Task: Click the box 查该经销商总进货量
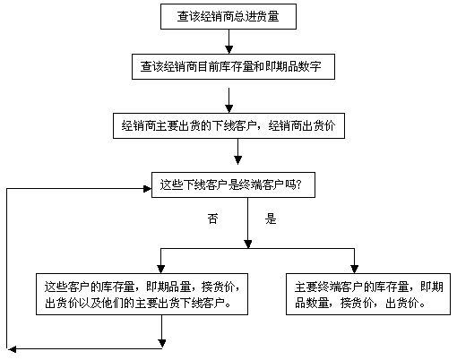(x=228, y=16)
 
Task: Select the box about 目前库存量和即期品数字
(x=233, y=66)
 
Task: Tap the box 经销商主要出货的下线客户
(x=228, y=125)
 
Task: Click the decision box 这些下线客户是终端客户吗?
(x=233, y=184)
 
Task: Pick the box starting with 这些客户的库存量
(x=142, y=294)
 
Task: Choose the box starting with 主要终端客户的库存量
(x=368, y=294)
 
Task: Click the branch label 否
(x=212, y=219)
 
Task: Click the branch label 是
(x=271, y=219)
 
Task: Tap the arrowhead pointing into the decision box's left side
(x=148, y=189)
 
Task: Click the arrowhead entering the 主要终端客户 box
(x=354, y=270)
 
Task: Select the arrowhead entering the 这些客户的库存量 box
(x=160, y=270)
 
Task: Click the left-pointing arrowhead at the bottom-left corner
(x=12, y=349)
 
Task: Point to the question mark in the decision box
(x=299, y=185)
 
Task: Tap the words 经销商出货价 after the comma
(x=302, y=125)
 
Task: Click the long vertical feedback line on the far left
(x=6, y=269)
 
